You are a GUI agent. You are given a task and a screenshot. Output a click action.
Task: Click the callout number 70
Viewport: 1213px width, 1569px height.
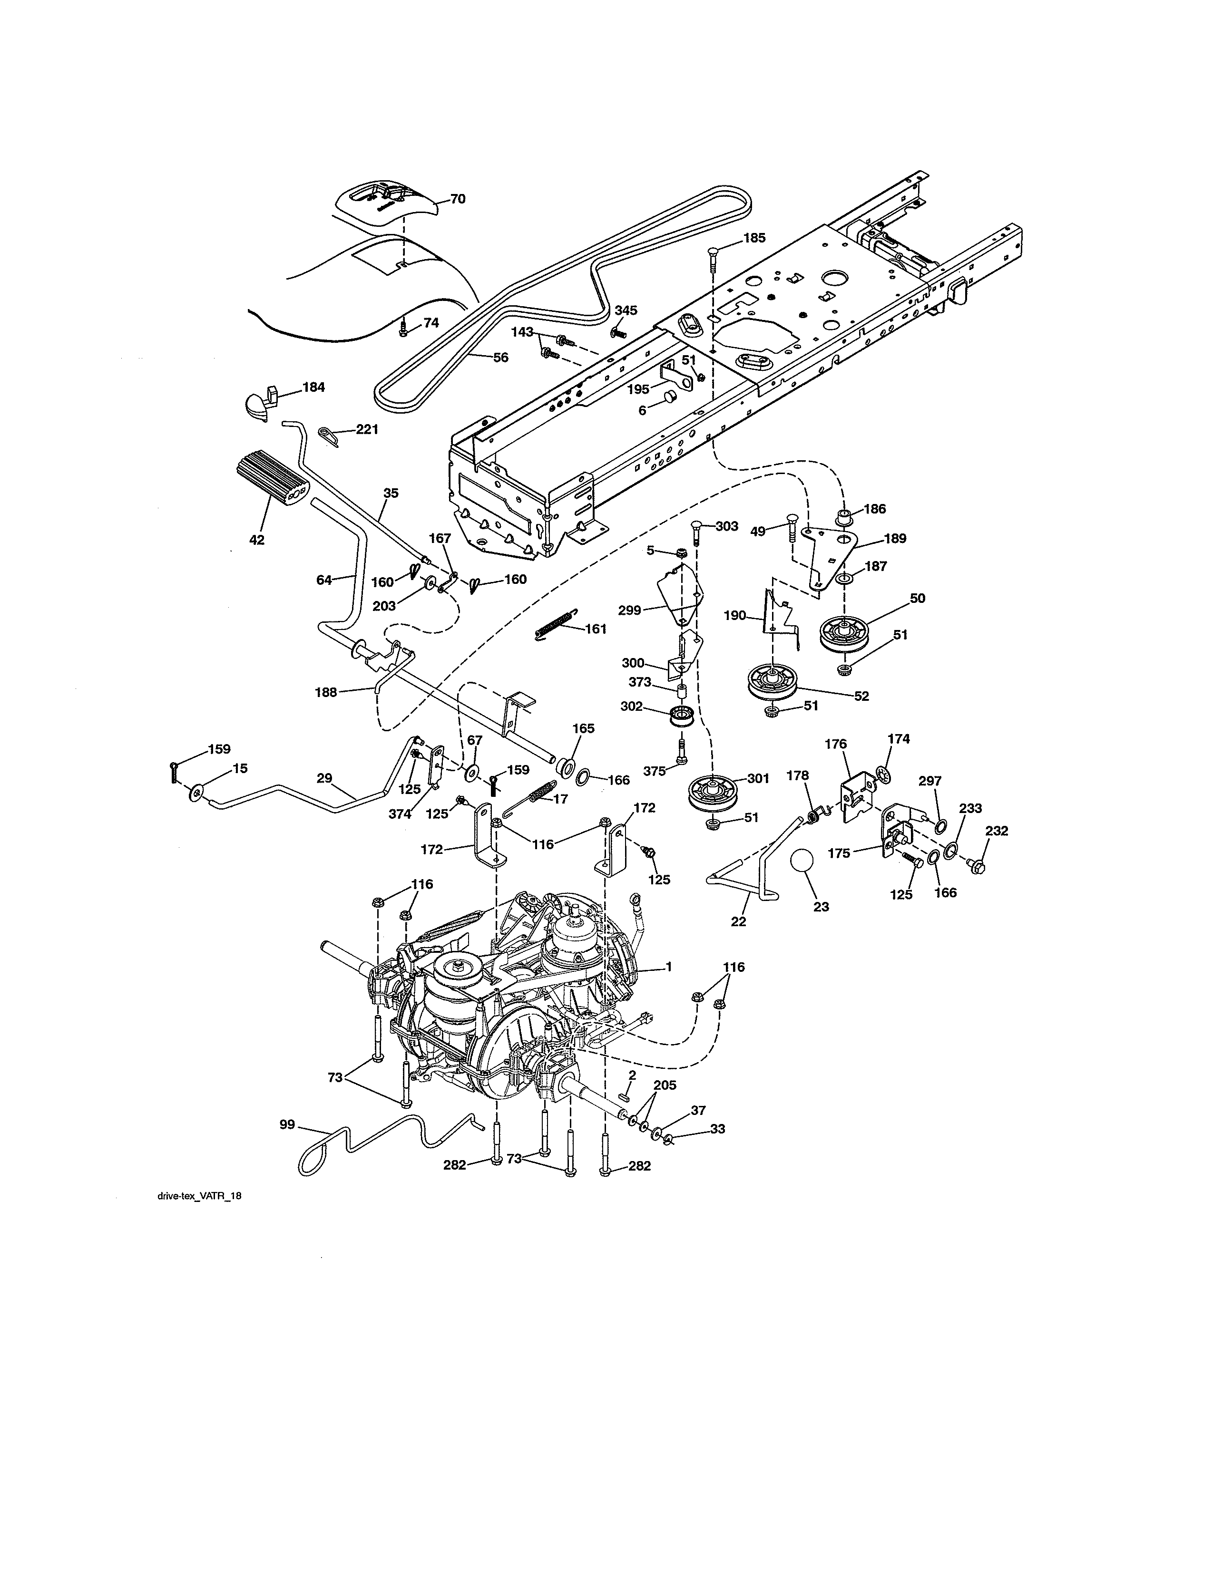click(458, 199)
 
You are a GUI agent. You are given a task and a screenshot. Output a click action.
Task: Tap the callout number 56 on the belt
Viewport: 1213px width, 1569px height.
click(501, 357)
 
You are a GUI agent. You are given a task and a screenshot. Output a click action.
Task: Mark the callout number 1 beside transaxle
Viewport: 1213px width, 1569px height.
click(668, 967)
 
